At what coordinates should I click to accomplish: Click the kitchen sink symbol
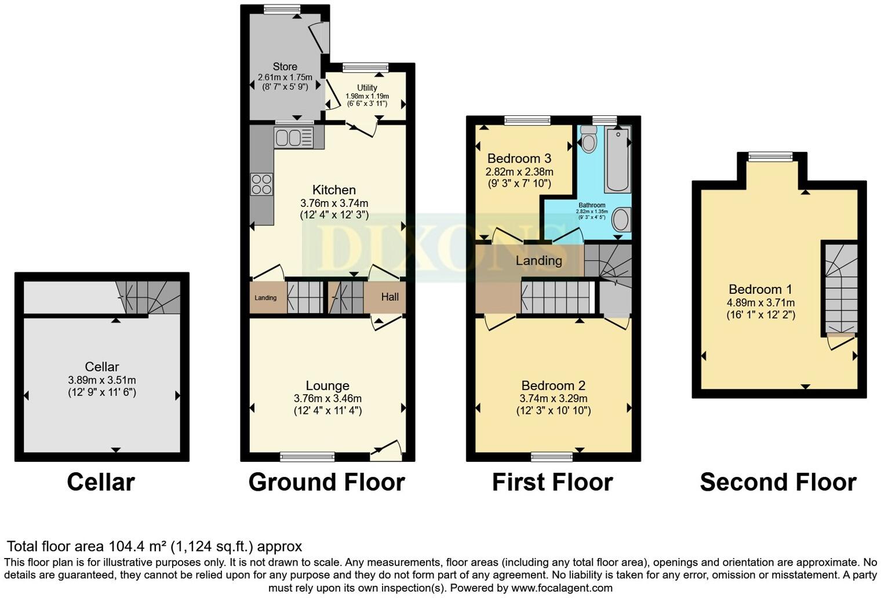point(293,138)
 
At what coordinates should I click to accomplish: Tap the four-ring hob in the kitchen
point(261,184)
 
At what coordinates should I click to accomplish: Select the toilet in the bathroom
point(588,139)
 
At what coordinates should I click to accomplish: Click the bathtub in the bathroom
point(617,159)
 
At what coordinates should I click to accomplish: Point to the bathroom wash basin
point(621,220)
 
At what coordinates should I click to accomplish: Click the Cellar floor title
point(101,482)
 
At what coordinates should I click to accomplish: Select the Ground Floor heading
point(326,482)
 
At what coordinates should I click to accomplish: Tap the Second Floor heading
point(778,482)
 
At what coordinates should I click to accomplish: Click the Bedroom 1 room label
point(760,289)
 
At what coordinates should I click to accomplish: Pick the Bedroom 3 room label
point(519,158)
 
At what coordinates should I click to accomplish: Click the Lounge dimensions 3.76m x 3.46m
point(327,399)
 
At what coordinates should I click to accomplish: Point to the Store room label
point(285,67)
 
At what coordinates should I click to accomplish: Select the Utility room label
point(367,87)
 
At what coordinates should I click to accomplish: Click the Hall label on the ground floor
point(389,297)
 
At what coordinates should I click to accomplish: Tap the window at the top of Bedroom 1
point(770,156)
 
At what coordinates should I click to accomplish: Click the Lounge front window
point(307,457)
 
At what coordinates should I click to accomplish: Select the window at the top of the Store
point(282,9)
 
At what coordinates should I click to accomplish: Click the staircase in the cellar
point(148,297)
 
